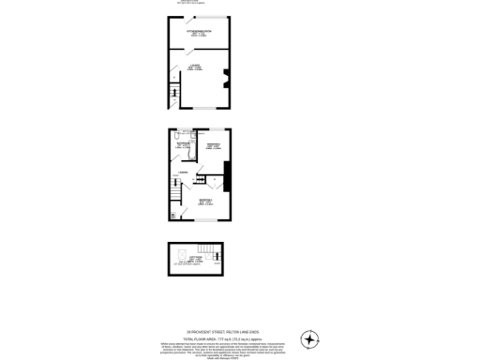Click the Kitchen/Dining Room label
199,35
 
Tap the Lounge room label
197,67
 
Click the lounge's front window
199,110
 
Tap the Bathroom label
184,144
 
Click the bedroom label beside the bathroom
213,144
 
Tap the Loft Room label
195,260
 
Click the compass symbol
309,338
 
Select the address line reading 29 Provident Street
218,330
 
